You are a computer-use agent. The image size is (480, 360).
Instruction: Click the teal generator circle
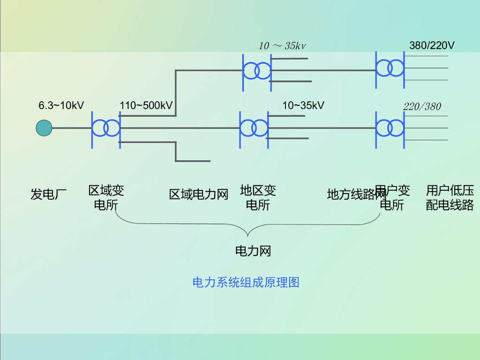click(x=44, y=128)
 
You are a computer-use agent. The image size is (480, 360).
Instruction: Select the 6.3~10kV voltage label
click(x=61, y=105)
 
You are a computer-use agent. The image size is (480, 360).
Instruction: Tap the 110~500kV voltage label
click(x=146, y=105)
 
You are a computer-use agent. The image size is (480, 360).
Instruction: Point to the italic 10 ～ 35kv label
click(x=282, y=46)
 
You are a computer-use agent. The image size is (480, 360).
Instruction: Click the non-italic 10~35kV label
click(x=303, y=105)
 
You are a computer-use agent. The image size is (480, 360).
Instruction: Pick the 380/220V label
click(x=432, y=46)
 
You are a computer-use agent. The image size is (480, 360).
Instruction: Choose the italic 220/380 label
click(x=422, y=107)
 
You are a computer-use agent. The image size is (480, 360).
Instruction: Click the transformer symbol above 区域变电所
click(x=105, y=127)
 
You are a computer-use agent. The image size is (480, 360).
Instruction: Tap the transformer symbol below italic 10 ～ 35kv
click(x=256, y=71)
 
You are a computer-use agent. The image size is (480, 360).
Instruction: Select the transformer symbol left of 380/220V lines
click(x=390, y=68)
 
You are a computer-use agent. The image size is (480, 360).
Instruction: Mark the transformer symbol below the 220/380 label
click(x=390, y=127)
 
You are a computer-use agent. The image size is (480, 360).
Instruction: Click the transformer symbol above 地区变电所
click(x=254, y=127)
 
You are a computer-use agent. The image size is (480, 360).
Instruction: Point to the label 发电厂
click(x=49, y=194)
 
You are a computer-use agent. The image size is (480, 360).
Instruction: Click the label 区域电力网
click(x=198, y=194)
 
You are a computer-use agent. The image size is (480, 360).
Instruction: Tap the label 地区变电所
click(x=258, y=197)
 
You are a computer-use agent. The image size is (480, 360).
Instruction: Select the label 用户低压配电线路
click(x=450, y=197)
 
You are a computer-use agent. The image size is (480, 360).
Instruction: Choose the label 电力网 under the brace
click(x=253, y=251)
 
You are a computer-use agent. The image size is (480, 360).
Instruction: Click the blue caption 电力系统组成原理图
click(x=246, y=282)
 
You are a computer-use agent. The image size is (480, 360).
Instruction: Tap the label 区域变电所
click(x=106, y=197)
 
